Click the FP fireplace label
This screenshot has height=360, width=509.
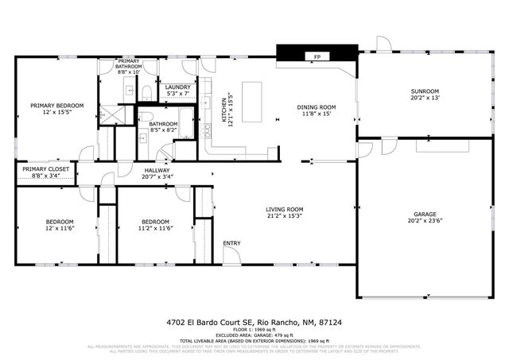click(x=317, y=57)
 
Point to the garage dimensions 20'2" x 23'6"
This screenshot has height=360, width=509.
click(x=424, y=222)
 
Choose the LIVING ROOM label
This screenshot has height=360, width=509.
click(x=285, y=209)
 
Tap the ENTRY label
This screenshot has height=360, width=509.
click(x=231, y=243)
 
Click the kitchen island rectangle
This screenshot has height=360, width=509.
click(x=252, y=102)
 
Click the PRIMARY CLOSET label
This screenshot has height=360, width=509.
click(x=45, y=169)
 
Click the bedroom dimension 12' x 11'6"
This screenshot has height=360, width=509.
click(x=59, y=228)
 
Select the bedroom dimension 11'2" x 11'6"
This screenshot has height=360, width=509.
click(x=156, y=228)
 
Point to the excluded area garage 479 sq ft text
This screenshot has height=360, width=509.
click(x=254, y=335)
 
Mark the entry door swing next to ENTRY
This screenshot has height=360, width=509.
click(x=232, y=255)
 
